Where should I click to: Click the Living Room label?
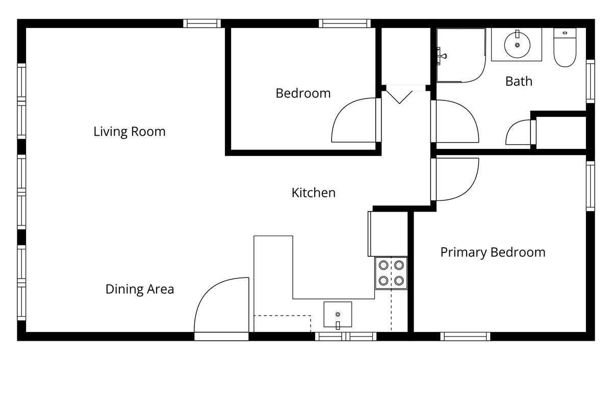130,132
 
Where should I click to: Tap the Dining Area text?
140,289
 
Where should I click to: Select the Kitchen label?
313,193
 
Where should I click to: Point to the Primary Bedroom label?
493,252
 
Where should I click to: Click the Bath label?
519,82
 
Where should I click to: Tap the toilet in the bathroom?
565,47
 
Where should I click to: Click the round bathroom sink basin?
517,45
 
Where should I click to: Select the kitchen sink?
338,314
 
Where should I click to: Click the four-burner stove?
391,273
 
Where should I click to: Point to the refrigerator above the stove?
388,234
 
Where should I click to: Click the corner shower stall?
461,55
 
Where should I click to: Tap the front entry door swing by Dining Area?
221,305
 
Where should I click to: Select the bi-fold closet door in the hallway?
399,94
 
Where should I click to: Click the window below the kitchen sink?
346,337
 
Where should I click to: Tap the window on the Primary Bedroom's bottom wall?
465,337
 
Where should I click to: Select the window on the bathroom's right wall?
591,82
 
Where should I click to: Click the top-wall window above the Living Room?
202,23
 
